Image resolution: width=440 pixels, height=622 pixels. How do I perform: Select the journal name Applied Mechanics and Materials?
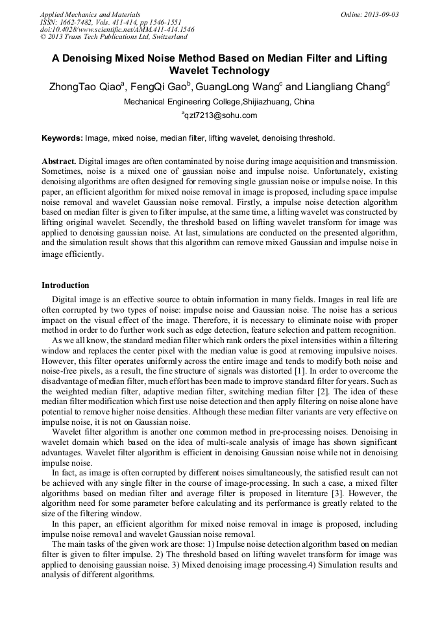coord(90,14)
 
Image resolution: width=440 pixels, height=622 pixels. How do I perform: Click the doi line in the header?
coord(117,30)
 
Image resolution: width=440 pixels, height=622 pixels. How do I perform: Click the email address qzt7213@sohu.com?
coord(221,115)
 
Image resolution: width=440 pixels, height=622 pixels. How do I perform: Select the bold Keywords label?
coord(62,138)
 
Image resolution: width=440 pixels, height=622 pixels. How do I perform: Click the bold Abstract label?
coord(59,160)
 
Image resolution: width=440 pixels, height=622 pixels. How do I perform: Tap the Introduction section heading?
coord(66,285)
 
